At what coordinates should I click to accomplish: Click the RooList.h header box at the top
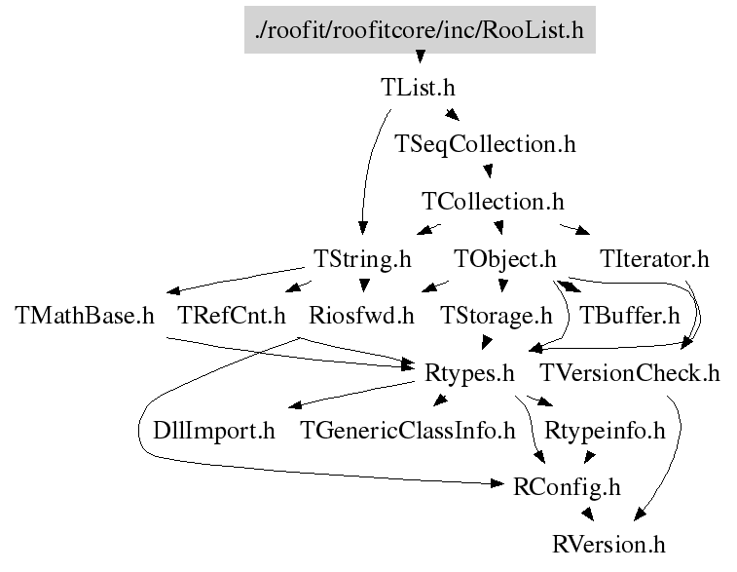tap(419, 29)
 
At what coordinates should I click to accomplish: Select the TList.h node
tap(418, 87)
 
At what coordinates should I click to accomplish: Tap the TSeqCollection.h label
tap(485, 144)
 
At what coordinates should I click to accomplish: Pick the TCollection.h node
tap(493, 202)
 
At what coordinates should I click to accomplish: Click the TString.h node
tap(362, 259)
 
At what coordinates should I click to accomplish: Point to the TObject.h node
tap(505, 259)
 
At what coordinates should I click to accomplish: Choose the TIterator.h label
tap(654, 259)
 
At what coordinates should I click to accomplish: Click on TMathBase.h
tap(85, 316)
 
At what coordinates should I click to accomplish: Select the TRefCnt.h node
tap(232, 316)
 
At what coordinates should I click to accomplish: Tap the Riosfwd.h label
tap(360, 316)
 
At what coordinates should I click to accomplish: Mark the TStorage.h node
tap(496, 316)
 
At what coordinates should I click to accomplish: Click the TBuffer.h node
tap(629, 316)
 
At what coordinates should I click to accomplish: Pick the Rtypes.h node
tap(469, 372)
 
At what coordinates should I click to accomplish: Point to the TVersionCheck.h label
tap(630, 372)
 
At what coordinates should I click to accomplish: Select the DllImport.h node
tap(214, 430)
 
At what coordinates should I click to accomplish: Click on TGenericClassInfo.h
tap(408, 430)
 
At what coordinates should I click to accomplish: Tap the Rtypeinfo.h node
tap(605, 430)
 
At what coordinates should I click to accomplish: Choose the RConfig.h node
tap(566, 486)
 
